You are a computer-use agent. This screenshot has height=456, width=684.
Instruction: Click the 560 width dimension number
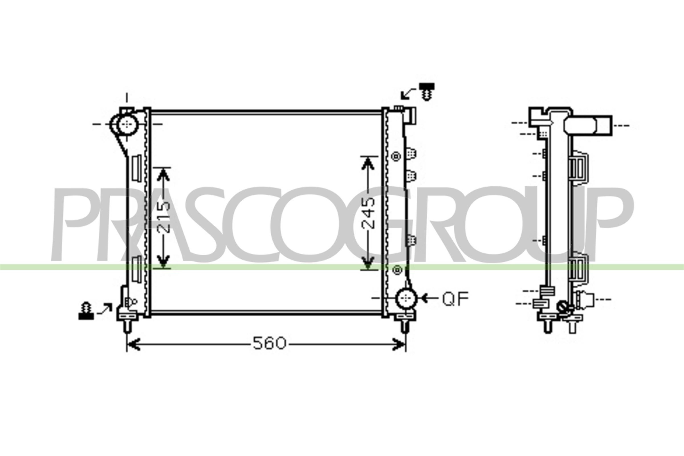click(x=269, y=343)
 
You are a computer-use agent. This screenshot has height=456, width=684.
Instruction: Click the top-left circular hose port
click(x=127, y=125)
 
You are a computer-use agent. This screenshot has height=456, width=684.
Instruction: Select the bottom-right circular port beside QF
click(x=406, y=298)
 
